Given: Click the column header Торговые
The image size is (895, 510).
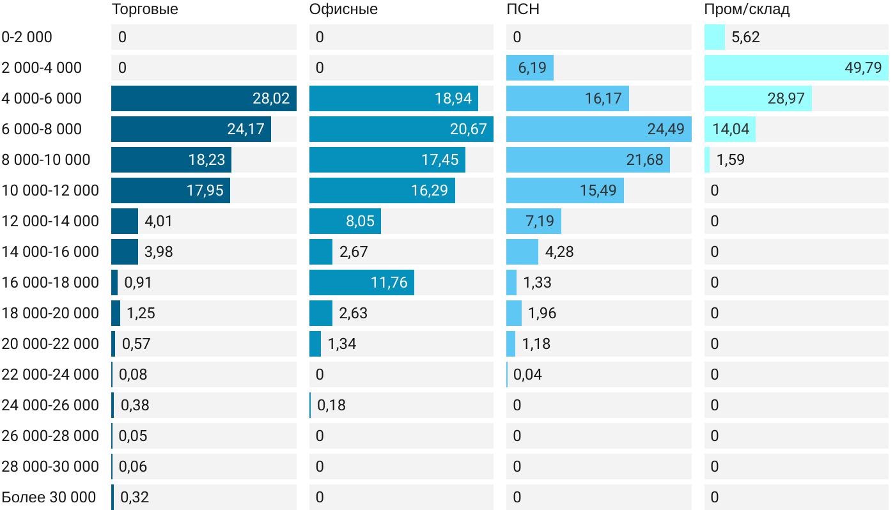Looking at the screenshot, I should point(144,9).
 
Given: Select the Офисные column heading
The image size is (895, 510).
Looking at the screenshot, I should point(343,9).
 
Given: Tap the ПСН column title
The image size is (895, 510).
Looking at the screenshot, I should point(518,9).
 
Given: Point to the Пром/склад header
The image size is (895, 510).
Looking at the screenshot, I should point(747,9).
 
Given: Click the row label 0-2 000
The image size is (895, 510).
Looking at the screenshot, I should point(27,37).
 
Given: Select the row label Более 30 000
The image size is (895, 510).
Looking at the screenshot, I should point(49,497).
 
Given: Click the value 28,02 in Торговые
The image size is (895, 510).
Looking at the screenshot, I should point(271,98).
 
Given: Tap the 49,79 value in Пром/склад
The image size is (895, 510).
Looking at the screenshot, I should point(863,68).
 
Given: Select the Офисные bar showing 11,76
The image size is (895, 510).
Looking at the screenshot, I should point(362,282).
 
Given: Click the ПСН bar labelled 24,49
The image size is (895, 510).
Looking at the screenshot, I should point(598,129).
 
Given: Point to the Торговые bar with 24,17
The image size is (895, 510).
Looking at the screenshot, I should point(191,129).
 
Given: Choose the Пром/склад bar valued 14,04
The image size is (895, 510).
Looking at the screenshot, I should point(729,129).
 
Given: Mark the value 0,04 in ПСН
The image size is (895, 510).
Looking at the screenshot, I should point(527,375).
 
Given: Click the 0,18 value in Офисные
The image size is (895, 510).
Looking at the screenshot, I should point(331,405).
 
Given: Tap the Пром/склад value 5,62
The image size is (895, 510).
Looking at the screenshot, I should point(745,37).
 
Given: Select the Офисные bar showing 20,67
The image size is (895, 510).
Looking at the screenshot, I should point(401,129).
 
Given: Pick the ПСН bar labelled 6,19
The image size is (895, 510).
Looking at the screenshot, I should point(529,68).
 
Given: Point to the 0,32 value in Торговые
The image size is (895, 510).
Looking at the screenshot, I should point(134,497).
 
